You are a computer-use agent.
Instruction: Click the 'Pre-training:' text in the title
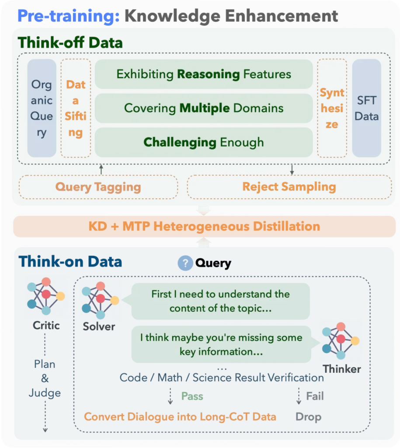69,16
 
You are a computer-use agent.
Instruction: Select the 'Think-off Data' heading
70,43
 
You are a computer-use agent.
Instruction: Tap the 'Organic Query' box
42,108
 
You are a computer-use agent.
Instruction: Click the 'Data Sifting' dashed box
76,108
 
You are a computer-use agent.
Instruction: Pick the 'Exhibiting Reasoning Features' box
204,74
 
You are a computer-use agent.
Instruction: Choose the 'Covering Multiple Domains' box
204,108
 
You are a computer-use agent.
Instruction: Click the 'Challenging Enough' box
204,142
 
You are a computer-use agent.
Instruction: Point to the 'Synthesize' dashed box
332,108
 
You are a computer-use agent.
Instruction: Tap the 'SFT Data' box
367,108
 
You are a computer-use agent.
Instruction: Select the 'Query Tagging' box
98,187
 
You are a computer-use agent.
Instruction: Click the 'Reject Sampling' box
289,187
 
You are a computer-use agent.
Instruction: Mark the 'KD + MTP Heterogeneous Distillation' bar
205,226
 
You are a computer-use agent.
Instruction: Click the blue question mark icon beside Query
185,263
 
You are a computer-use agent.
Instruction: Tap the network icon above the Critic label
46,296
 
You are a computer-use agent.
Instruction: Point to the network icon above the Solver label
100,300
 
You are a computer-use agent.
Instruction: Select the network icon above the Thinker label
341,340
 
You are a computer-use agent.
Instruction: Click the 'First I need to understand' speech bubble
220,301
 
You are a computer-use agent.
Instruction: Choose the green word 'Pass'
192,396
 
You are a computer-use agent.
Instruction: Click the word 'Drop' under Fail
308,417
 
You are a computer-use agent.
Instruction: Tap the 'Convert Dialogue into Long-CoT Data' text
180,417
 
